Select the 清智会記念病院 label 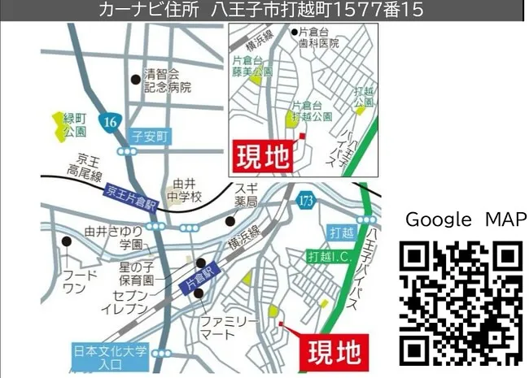pyautogui.click(x=167, y=79)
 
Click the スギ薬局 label pyautogui.click(x=246, y=195)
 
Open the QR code pyautogui.click(x=461, y=302)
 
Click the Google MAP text pyautogui.click(x=461, y=219)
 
